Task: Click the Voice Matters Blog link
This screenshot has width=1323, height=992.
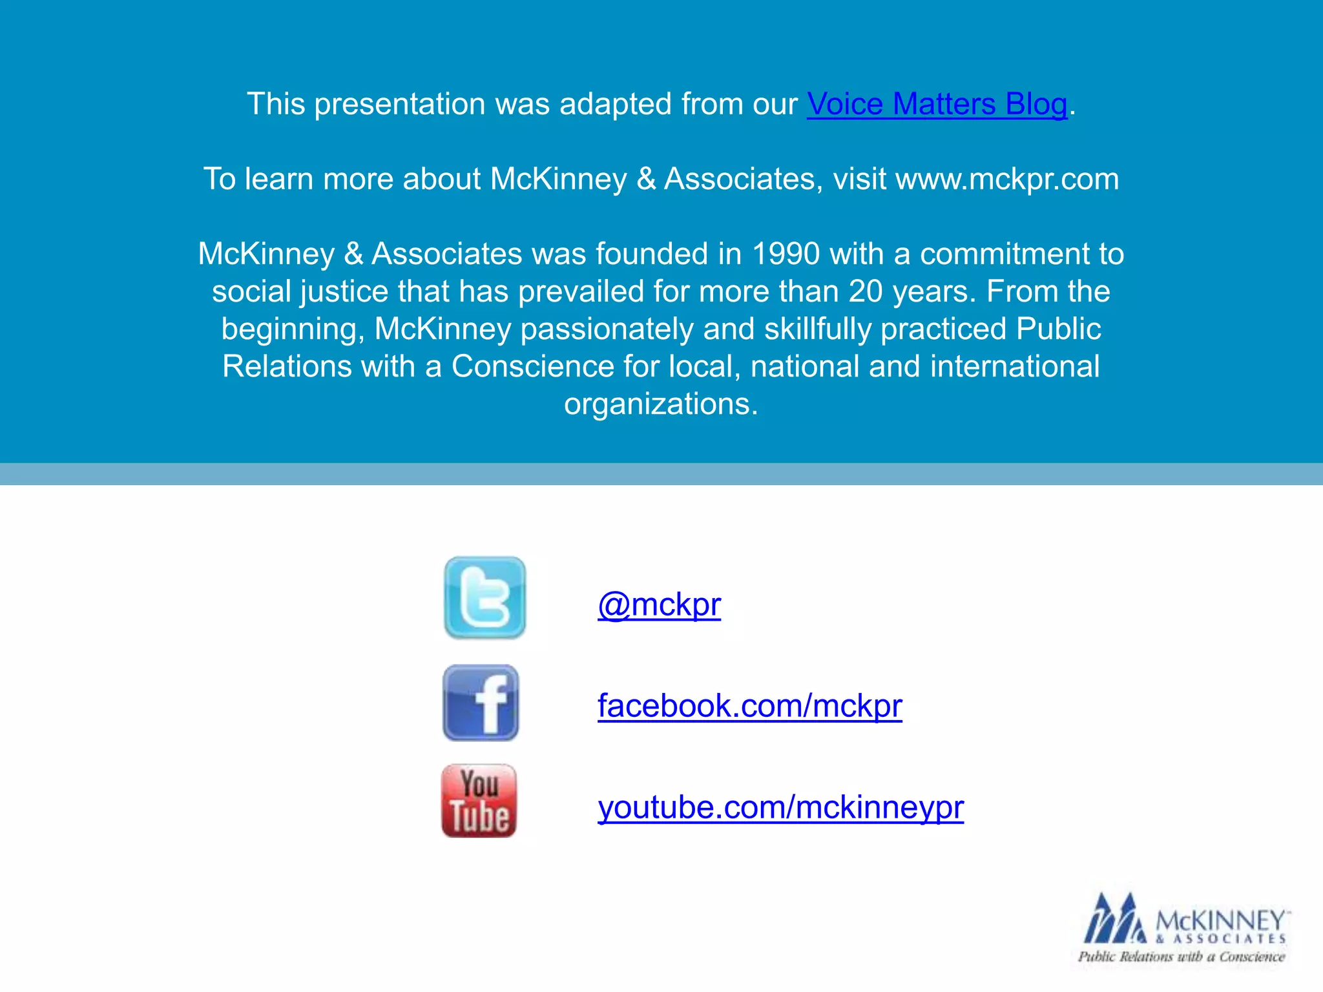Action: pos(937,104)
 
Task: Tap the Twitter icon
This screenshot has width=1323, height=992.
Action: pos(485,598)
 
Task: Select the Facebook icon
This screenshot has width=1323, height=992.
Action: pos(481,703)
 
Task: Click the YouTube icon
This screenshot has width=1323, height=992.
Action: pos(479,801)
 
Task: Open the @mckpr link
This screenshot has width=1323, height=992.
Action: pos(659,605)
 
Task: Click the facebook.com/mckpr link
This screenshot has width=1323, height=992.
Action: pos(749,705)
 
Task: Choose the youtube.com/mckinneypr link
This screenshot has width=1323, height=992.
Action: pos(780,807)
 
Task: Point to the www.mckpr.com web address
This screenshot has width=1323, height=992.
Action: pos(1007,179)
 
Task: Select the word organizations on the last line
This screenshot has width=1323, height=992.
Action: pos(661,404)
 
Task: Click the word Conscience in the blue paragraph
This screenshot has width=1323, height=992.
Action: pos(532,367)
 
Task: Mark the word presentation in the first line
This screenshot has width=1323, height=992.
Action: pos(400,104)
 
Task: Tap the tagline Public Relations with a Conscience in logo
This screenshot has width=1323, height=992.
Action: pos(1182,957)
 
